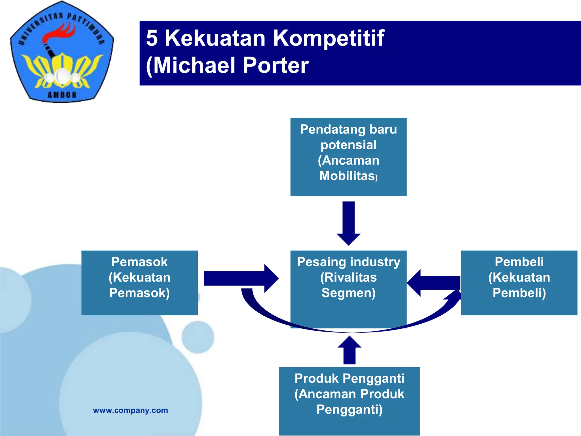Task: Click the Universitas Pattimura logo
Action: pos(62,53)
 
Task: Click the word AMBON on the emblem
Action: pos(62,95)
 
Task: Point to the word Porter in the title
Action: pos(275,66)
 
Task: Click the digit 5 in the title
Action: pos(152,38)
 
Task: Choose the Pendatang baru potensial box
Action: pos(348,157)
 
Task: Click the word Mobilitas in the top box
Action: pos(347,176)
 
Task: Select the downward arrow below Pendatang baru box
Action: pos(348,223)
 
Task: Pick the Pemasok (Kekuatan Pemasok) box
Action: pos(140,283)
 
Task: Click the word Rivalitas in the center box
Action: pos(348,277)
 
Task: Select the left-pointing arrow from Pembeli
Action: pos(434,283)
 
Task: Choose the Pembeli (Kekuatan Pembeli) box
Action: pos(519,283)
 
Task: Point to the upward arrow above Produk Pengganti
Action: pos(350,350)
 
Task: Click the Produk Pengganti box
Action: pos(349,401)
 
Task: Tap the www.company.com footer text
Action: pos(130,410)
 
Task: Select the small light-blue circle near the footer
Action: pos(198,337)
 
